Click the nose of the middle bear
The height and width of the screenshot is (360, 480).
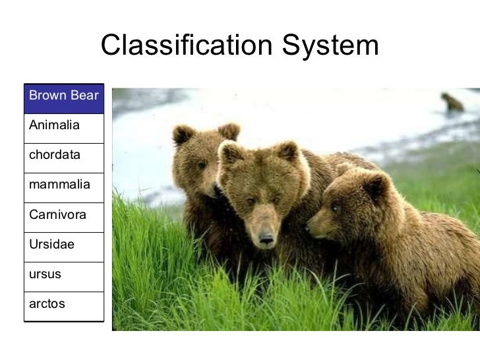click(x=266, y=238)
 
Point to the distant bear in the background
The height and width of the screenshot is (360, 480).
click(x=452, y=102)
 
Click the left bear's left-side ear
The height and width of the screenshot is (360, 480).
click(x=182, y=135)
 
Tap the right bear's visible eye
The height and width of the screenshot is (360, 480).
click(x=335, y=208)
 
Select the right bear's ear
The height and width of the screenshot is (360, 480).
click(x=376, y=186)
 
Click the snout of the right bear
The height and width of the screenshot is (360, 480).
click(x=315, y=227)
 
